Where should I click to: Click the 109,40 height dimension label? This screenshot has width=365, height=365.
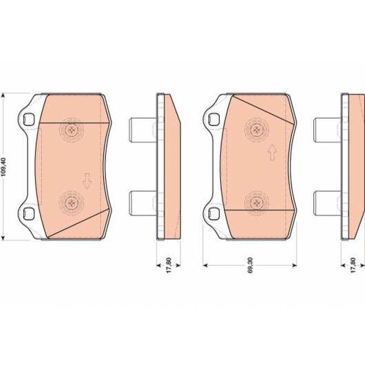(3, 167)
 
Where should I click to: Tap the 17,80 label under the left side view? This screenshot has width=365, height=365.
(169, 265)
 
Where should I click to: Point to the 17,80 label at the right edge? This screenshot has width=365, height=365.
(353, 265)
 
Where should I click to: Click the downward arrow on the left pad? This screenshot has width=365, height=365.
(87, 180)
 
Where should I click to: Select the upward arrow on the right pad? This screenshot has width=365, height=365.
(272, 152)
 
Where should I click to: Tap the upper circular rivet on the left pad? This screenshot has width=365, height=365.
(72, 129)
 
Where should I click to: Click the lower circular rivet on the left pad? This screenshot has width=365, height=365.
(71, 203)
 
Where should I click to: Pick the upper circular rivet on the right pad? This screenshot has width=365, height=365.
(257, 129)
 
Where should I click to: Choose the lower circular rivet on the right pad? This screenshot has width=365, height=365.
(256, 203)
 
